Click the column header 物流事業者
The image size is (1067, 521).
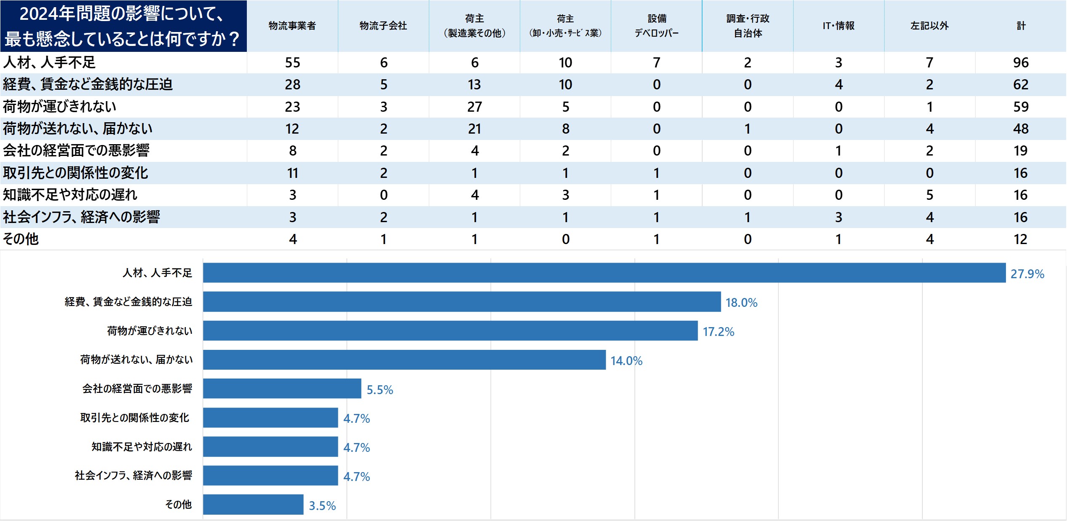(292, 26)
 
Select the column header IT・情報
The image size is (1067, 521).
(838, 26)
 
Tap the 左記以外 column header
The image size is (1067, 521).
(929, 26)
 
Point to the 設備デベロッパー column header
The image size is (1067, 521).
(656, 26)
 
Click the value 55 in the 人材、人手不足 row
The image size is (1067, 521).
(292, 63)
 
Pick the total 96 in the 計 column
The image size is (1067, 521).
(1021, 63)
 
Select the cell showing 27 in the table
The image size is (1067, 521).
(474, 107)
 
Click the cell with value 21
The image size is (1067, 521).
(474, 129)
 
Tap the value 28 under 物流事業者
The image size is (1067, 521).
(292, 85)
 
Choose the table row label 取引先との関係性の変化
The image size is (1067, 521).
(76, 173)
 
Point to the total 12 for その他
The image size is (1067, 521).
(1020, 239)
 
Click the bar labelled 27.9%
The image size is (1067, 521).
(604, 273)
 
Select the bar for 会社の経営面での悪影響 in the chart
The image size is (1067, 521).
(282, 388)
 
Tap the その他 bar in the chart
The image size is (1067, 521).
(253, 505)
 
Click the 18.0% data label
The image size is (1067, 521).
(741, 303)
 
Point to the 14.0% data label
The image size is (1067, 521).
(626, 361)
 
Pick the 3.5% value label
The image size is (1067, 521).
(322, 506)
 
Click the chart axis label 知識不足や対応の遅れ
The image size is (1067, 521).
(142, 447)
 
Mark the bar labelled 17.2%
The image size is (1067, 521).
(450, 330)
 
